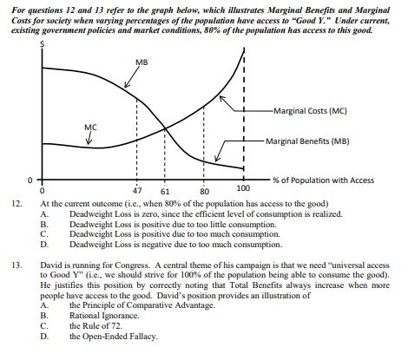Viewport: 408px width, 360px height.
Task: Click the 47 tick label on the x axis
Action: tap(137, 190)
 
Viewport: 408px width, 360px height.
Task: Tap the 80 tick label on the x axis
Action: tap(205, 191)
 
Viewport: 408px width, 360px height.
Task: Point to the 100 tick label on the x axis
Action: tap(242, 187)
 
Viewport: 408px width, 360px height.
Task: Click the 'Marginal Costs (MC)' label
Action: tap(310, 110)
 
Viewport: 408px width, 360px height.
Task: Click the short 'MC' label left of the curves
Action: tap(89, 126)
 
